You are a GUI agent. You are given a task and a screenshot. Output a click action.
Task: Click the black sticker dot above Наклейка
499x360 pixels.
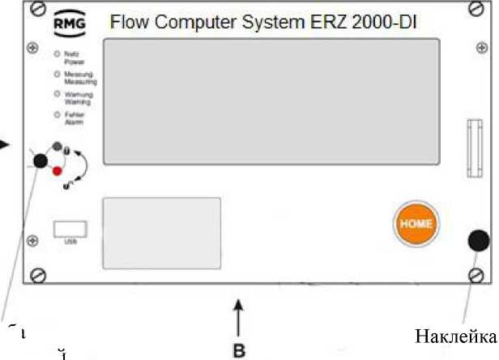478,241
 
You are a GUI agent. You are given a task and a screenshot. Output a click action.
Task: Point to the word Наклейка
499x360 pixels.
454,336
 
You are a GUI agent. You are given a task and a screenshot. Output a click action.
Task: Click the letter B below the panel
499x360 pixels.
238,351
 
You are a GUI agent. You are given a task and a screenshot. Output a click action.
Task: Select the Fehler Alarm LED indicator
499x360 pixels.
57,116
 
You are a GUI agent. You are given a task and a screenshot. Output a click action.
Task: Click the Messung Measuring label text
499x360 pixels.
80,78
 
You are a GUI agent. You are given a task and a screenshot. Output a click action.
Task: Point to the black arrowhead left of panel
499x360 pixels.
5,144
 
